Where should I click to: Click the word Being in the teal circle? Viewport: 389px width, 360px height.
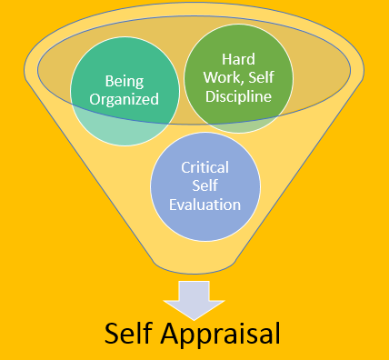pyautogui.click(x=125, y=79)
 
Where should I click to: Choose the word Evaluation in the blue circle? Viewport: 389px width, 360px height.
pyautogui.click(x=204, y=205)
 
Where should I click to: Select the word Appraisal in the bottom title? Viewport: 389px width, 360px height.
pyautogui.click(x=227, y=332)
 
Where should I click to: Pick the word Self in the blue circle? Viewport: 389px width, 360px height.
pyautogui.click(x=204, y=187)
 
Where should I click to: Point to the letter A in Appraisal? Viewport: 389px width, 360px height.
pyautogui.click(x=180, y=332)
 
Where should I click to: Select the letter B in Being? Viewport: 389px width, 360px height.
pyautogui.click(x=109, y=79)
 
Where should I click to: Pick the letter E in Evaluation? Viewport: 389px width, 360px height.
pyautogui.click(x=173, y=205)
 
